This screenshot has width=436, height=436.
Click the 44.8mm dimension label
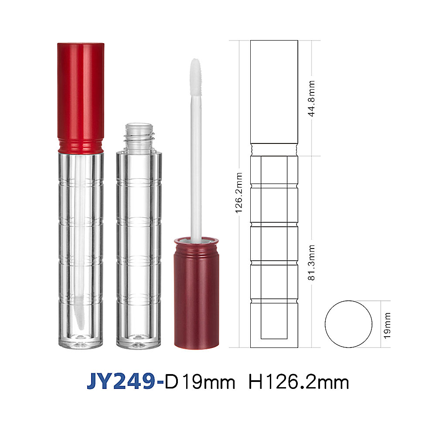[x=311, y=99]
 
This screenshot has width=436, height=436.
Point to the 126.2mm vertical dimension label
[x=239, y=193]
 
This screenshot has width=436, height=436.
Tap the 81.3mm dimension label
[x=311, y=262]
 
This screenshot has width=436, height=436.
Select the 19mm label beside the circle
[x=387, y=325]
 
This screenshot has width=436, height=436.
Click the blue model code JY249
[x=121, y=381]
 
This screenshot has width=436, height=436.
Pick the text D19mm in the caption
[x=200, y=382]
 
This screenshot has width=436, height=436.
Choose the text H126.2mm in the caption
[x=298, y=382]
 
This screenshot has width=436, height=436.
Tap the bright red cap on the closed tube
[x=81, y=92]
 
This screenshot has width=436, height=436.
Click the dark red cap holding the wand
[x=196, y=295]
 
